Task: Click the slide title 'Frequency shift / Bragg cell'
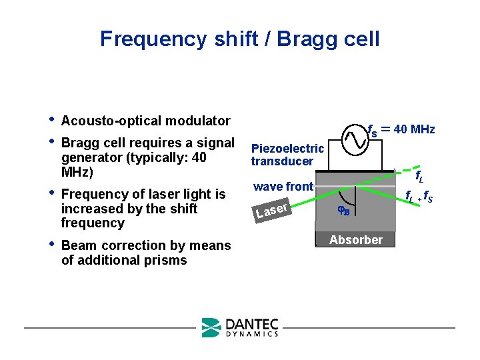click(240, 39)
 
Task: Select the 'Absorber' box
click(356, 240)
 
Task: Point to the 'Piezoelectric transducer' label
click(287, 155)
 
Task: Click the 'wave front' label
click(283, 187)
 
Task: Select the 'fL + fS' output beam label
click(421, 197)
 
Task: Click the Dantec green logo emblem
click(211, 327)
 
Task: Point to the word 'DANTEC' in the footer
click(251, 323)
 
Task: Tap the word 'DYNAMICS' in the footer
click(251, 334)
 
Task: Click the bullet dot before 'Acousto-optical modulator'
click(52, 120)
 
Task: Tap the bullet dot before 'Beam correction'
click(52, 245)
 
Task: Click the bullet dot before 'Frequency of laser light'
click(52, 193)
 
